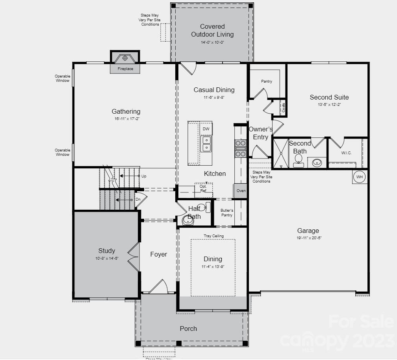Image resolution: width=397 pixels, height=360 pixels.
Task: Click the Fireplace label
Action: click(x=125, y=69)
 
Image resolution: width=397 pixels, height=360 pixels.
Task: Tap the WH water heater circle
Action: click(x=360, y=177)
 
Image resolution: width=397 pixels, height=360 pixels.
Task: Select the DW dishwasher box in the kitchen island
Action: click(x=206, y=129)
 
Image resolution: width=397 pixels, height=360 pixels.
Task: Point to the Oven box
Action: click(x=241, y=191)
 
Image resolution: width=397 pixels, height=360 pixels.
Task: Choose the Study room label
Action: click(x=107, y=251)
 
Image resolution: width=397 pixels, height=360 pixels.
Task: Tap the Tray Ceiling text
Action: click(x=213, y=236)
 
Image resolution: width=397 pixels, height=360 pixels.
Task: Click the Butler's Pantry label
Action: click(x=227, y=213)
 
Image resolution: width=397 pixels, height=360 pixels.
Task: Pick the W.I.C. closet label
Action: click(x=347, y=153)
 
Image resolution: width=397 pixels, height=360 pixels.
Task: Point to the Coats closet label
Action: click(x=283, y=107)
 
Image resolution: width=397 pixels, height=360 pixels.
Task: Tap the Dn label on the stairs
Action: click(x=138, y=199)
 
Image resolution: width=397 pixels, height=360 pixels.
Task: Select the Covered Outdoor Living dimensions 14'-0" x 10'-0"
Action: click(x=212, y=42)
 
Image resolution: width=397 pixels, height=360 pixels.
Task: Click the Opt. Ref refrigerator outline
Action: click(x=203, y=190)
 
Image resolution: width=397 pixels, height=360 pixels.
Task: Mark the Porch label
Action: click(x=188, y=329)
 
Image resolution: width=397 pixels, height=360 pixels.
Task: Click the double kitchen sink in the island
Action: click(x=206, y=144)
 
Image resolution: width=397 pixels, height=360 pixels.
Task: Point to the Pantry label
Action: click(x=267, y=81)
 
